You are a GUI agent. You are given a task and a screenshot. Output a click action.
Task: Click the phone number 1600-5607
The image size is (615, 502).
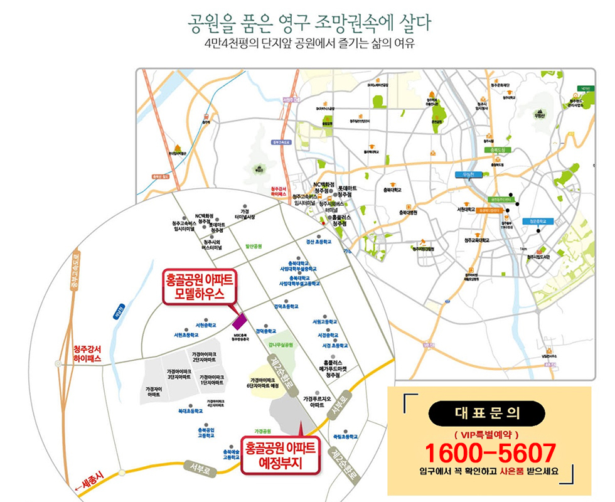point(490,452)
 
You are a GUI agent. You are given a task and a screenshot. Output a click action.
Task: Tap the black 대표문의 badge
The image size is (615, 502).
point(487,413)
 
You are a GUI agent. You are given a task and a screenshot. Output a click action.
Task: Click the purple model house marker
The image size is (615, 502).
point(240,321)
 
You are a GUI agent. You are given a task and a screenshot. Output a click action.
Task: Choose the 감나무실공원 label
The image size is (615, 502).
point(281,344)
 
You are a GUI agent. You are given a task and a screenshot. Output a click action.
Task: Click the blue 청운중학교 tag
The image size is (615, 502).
point(540,221)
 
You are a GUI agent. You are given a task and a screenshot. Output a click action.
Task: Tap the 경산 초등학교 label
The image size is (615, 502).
point(319,241)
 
